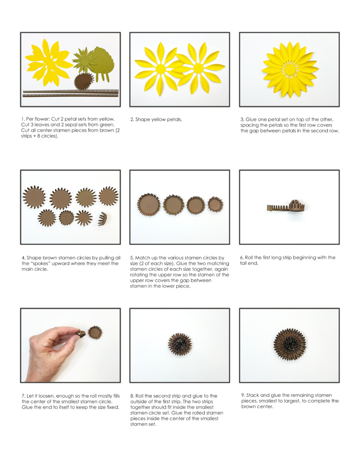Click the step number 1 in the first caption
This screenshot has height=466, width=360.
click(23, 119)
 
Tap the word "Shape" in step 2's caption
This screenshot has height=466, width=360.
click(143, 120)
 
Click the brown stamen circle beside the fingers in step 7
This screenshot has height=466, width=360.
click(95, 332)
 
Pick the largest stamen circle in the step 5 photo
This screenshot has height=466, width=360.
click(148, 204)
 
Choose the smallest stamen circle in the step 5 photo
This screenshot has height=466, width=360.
click(216, 204)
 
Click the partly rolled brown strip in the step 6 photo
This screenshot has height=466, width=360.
click(287, 206)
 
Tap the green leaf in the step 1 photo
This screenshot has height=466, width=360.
click(101, 62)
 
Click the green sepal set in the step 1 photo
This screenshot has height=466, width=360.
click(82, 60)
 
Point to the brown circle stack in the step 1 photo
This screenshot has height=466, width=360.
click(84, 81)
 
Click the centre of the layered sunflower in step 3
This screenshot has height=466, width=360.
click(289, 70)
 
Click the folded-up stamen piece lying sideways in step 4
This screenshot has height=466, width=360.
click(102, 219)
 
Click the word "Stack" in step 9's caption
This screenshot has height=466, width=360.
click(254, 395)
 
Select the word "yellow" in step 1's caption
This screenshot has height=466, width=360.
click(106, 119)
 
